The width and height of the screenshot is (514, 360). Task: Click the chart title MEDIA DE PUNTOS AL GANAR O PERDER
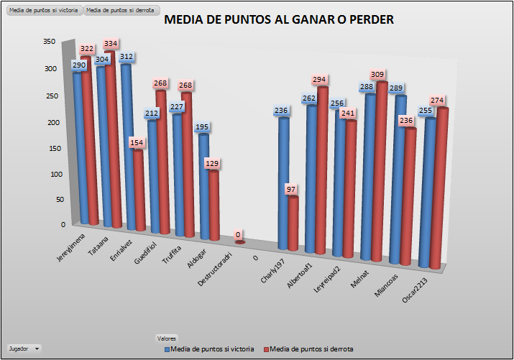[279, 20]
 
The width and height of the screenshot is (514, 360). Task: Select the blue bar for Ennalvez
[127, 144]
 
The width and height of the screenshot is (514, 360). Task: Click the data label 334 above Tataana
[111, 44]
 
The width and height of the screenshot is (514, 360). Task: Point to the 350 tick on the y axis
[49, 42]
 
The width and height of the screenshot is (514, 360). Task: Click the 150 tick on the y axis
[49, 149]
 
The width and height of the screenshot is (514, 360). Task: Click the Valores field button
[167, 338]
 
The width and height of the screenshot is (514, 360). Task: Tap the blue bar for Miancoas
[400, 180]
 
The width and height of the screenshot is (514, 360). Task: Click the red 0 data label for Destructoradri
[238, 234]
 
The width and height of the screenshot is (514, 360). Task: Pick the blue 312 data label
[126, 56]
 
